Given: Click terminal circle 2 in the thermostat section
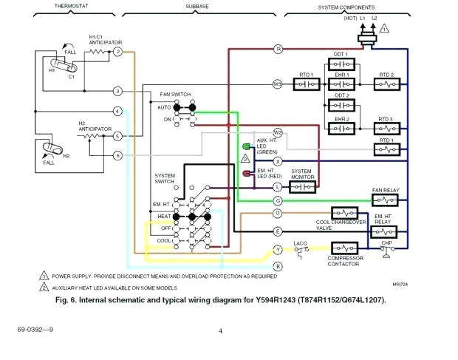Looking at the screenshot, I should (117, 52).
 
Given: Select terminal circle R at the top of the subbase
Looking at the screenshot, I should (278, 49).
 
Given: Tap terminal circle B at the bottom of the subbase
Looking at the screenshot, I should (278, 265).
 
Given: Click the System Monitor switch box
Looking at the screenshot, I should (301, 187).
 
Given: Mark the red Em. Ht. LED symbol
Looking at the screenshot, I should (246, 174).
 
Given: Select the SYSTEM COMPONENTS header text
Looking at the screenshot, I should (346, 7).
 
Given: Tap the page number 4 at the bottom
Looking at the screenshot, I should (220, 330).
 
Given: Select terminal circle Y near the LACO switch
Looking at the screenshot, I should (278, 250).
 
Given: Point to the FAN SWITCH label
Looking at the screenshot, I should (176, 95).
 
